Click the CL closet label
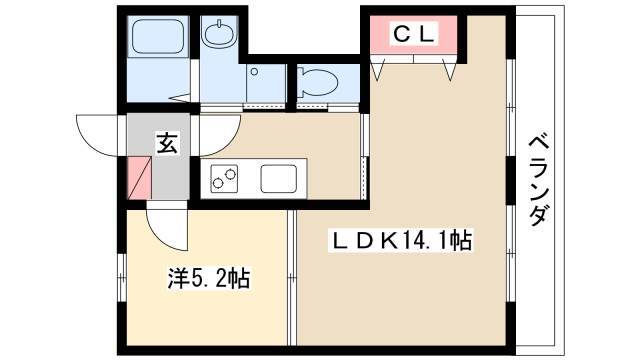point(413,33)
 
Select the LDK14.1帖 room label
point(401,241)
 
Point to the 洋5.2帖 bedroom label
point(209,278)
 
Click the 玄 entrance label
point(167,142)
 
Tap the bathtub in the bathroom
point(158,36)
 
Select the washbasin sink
point(219,33)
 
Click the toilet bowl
point(317,83)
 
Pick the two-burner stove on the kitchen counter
point(224,179)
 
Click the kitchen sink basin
point(279,179)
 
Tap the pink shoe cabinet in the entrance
point(140,179)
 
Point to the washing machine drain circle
point(254,72)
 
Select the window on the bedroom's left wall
point(122,278)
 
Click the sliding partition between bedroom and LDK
point(291,278)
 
